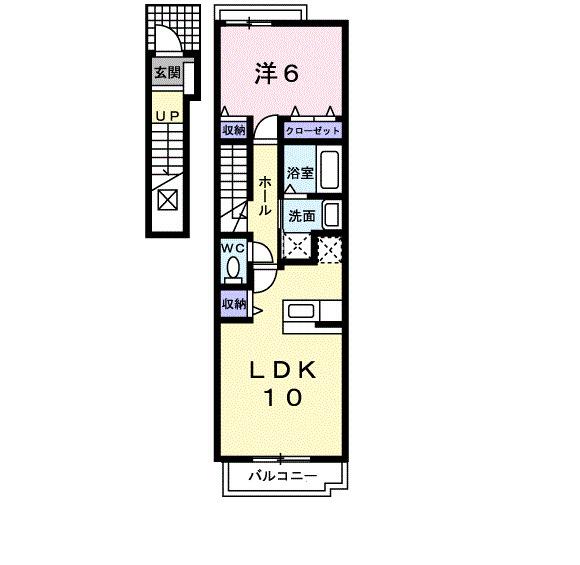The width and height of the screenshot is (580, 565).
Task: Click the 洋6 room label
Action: (x=276, y=73)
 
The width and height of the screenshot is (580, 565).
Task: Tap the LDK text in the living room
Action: (x=282, y=370)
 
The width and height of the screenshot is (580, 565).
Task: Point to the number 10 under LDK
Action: (x=282, y=398)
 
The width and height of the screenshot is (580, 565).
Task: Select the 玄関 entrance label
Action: (x=166, y=72)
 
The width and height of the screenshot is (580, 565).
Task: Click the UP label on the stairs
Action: (x=165, y=117)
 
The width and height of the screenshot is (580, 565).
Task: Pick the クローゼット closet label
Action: (x=313, y=131)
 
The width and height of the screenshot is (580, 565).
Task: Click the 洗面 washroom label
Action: (x=302, y=214)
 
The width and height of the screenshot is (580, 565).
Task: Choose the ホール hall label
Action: (x=264, y=196)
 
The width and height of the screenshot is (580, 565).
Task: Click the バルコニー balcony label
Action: (x=283, y=476)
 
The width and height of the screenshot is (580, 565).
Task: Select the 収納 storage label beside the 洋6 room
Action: (x=233, y=131)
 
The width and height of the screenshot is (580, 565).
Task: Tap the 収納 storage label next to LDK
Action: (x=234, y=301)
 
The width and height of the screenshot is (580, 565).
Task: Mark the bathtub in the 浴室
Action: (x=332, y=170)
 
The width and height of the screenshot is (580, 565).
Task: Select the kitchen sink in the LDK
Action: (x=302, y=313)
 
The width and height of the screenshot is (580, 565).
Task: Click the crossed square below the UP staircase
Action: (x=167, y=197)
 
